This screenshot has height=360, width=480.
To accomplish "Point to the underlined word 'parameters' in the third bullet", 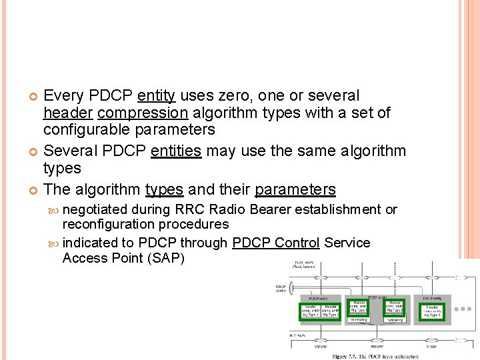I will [x=295, y=189].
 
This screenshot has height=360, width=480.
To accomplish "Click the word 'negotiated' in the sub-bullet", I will [x=95, y=209].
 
